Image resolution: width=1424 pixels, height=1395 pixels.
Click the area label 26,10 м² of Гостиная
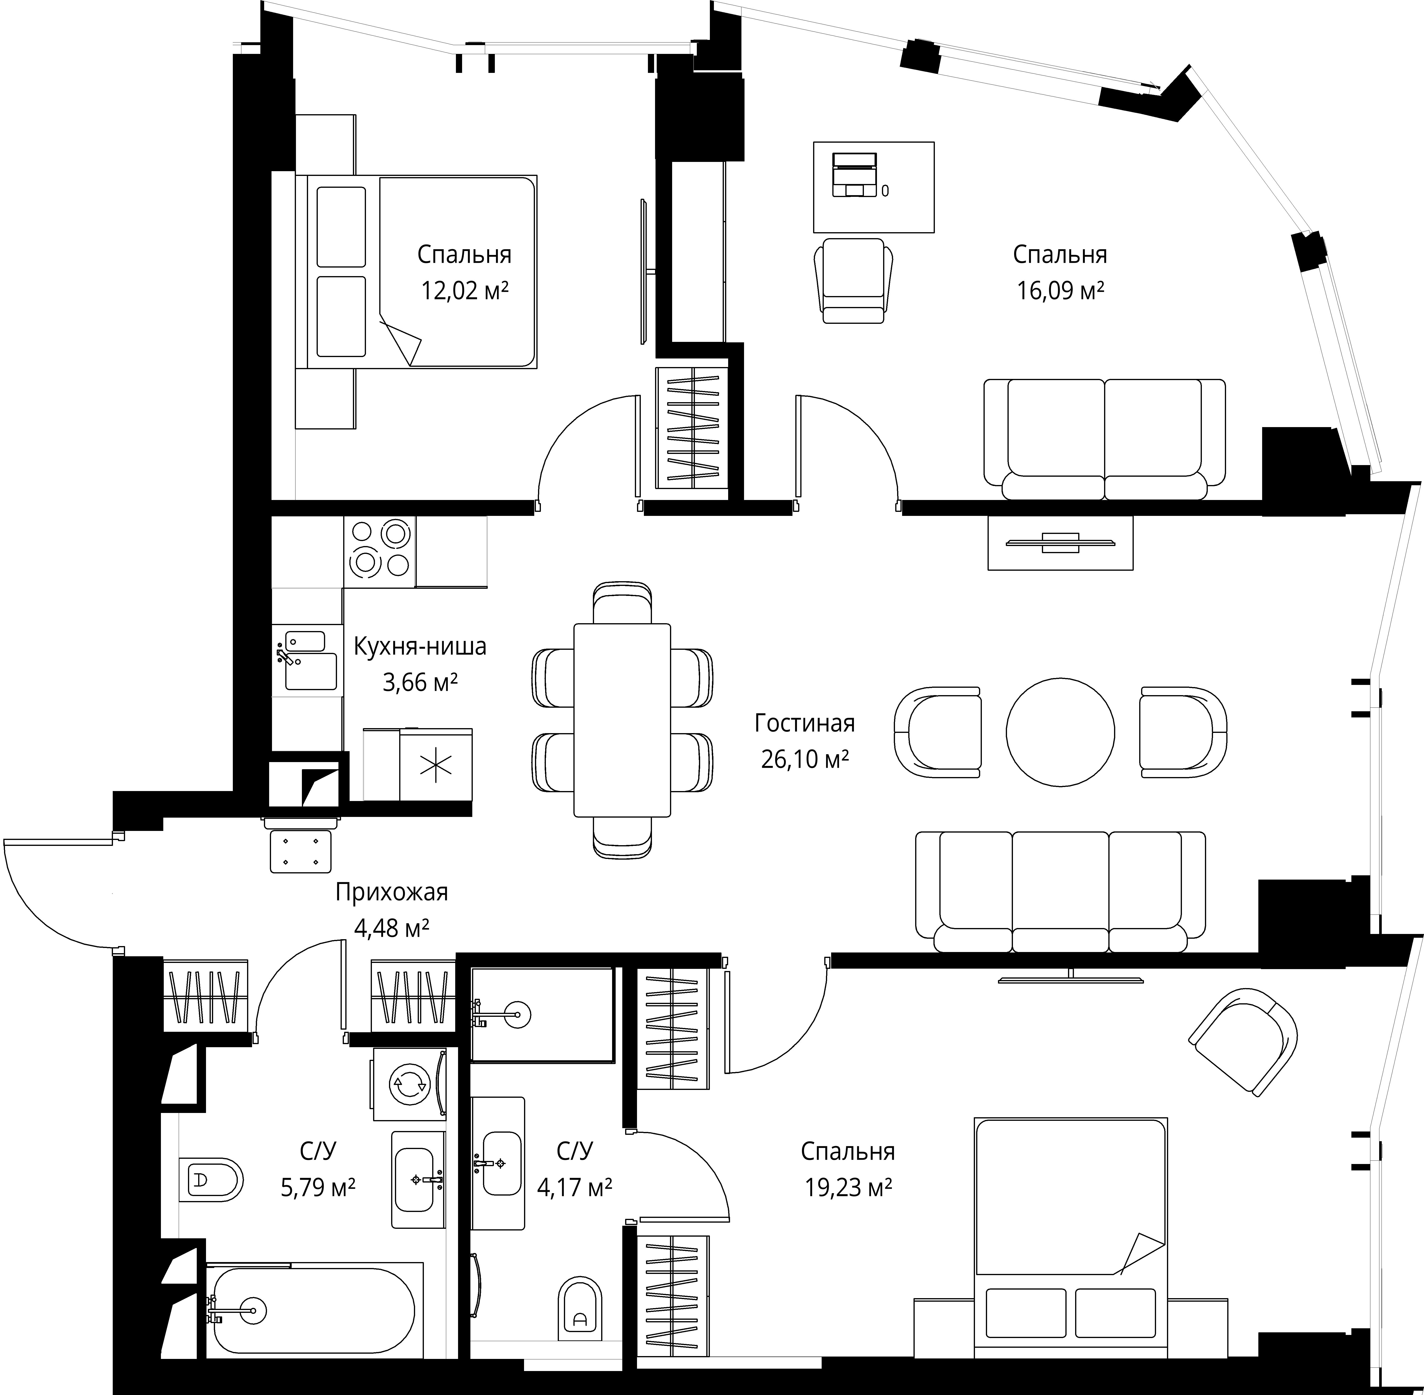coord(804,759)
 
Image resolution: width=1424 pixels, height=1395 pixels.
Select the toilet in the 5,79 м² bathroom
coord(211,1180)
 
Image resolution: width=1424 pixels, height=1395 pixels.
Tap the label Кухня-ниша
coord(420,646)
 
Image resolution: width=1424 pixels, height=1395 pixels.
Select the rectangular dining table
coord(622,720)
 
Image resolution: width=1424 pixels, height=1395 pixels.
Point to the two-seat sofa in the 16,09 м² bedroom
coord(1104,440)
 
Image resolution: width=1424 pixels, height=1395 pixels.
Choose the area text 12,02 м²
coord(464,291)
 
